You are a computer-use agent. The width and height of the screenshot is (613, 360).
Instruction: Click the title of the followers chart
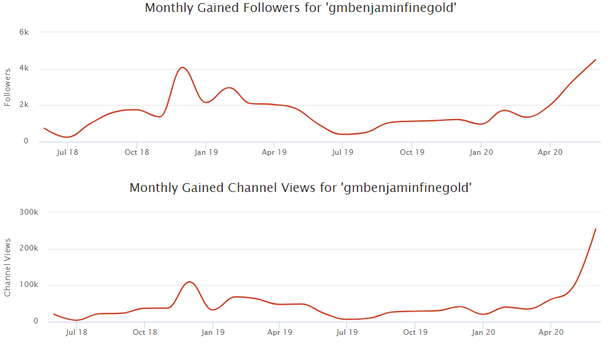pyautogui.click(x=300, y=8)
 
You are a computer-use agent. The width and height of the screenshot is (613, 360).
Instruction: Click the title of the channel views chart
pyautogui.click(x=300, y=188)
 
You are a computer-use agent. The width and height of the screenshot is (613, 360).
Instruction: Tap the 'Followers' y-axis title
pyautogui.click(x=8, y=87)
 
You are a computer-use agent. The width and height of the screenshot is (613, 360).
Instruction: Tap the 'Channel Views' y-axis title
pyautogui.click(x=8, y=267)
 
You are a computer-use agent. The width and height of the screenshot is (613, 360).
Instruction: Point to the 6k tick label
pyautogui.click(x=25, y=32)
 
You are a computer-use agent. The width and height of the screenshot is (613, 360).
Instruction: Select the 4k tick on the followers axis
pyautogui.click(x=25, y=69)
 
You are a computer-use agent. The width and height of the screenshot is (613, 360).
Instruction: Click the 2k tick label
pyautogui.click(x=25, y=105)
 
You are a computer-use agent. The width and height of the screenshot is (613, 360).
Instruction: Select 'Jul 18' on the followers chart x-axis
pyautogui.click(x=67, y=152)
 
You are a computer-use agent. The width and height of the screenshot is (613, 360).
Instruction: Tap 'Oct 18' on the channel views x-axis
pyautogui.click(x=145, y=332)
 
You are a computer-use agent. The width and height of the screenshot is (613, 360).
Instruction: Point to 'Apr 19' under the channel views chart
pyautogui.click(x=279, y=332)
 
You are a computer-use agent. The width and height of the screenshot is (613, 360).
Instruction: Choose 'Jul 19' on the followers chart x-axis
pyautogui.click(x=342, y=152)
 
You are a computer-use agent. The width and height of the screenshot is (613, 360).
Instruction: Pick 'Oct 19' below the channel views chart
pyautogui.click(x=415, y=332)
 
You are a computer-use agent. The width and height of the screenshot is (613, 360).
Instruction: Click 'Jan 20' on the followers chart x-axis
pyautogui.click(x=481, y=152)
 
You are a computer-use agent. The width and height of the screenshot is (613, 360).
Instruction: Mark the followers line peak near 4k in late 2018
pyautogui.click(x=182, y=67)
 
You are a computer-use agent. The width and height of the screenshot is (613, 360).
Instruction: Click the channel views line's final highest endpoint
pyautogui.click(x=595, y=229)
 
